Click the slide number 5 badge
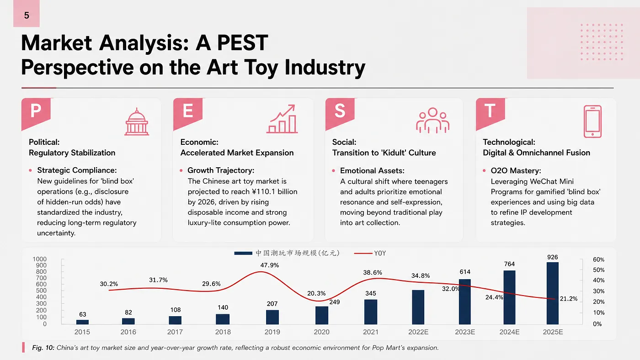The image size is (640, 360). pos(27,13)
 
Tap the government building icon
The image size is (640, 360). pos(137,122)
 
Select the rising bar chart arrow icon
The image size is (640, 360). pos(282,119)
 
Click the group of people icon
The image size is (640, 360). pos(432,120)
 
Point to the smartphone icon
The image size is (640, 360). pos(592,122)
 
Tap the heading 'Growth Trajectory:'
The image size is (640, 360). pos(221,170)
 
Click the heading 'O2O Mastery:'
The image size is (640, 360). pos(516,171)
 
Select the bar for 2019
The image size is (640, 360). pos(272,317)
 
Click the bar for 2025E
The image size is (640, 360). pos(553,293)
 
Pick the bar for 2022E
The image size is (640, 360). pos(418,307)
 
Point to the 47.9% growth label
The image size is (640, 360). pos(269,265)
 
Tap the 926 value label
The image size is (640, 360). pos(553,257)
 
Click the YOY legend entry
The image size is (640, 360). pos(370,253)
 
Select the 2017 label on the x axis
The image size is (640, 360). pos(175,332)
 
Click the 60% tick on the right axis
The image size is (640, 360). pos(598,259)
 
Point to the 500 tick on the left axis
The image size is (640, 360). pos(41,291)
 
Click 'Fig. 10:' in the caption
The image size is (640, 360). pos(43,348)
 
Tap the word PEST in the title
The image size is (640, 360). pos(243,43)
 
